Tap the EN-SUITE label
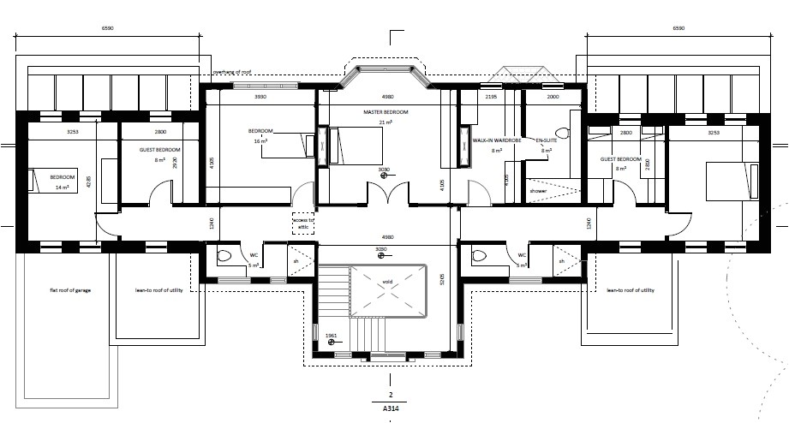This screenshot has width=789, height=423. point(546,140)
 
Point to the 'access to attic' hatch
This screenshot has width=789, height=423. point(303,223)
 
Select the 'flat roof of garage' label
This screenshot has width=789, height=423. point(70,291)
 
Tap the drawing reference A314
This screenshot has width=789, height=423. point(390,409)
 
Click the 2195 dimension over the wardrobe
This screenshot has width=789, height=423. point(491,98)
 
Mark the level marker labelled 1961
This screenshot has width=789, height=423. point(331,337)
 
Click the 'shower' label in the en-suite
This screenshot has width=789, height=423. point(538,191)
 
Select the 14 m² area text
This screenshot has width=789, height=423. point(61,187)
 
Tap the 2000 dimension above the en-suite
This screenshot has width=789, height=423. point(552,98)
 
